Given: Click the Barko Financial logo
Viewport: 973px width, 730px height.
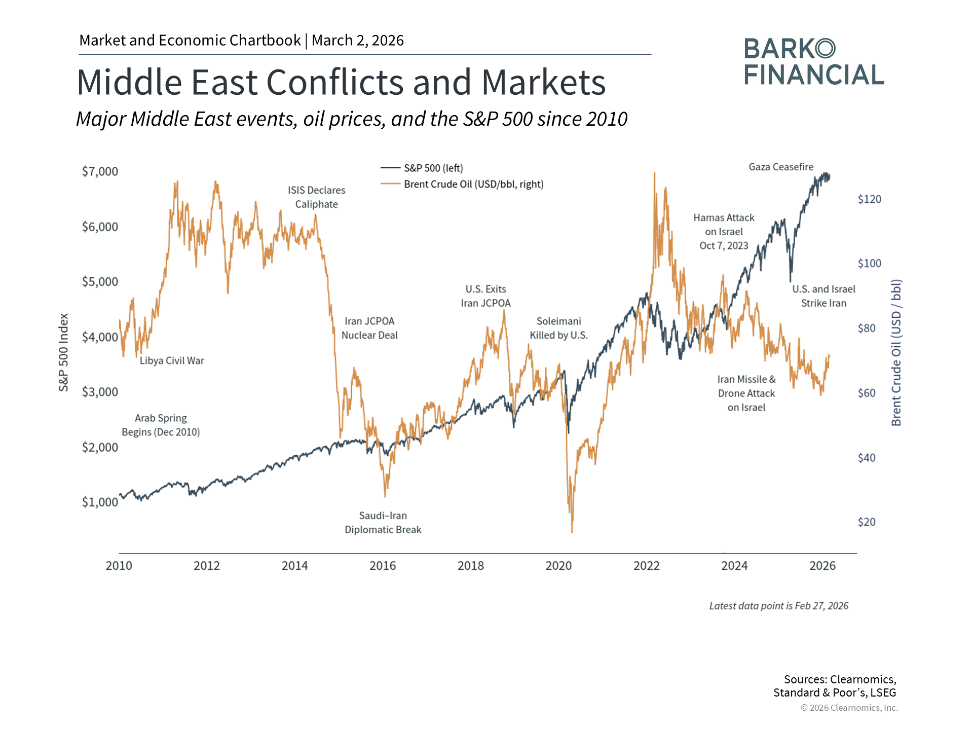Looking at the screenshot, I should point(814,61).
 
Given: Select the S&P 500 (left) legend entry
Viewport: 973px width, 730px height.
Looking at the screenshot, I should point(433,168).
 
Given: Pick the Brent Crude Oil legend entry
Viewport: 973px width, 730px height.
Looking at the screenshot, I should point(473,185).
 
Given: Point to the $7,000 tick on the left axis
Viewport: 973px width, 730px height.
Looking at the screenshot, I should point(100,171).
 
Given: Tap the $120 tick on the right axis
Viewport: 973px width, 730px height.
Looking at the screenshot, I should point(869,199).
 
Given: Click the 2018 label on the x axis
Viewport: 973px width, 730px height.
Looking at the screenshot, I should point(470,566).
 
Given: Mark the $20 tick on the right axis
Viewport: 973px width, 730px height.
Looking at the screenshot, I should point(866,522).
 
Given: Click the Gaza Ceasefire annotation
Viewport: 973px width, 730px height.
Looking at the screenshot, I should point(781,167).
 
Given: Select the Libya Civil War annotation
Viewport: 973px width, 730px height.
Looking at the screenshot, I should point(172,360).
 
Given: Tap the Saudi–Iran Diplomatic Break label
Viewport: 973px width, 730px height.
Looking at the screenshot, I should point(383,523).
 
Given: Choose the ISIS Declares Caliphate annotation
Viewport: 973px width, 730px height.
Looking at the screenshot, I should point(316,197).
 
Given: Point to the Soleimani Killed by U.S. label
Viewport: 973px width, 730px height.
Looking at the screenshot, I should point(558,328).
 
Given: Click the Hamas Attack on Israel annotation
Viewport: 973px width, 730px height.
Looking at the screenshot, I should point(724,232).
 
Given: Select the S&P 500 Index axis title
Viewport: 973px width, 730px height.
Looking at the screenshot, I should point(63,352).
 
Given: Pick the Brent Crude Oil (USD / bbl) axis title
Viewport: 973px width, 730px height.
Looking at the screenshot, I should point(896,352).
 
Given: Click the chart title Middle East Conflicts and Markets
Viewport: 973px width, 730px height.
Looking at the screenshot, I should point(341,82).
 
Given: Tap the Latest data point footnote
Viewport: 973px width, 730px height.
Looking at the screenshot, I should point(778,606).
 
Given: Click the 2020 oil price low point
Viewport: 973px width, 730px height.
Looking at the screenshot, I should point(572,531).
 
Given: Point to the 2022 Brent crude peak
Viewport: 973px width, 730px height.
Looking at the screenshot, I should point(654,173).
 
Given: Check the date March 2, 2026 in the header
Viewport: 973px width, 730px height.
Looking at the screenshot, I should point(358,41).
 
